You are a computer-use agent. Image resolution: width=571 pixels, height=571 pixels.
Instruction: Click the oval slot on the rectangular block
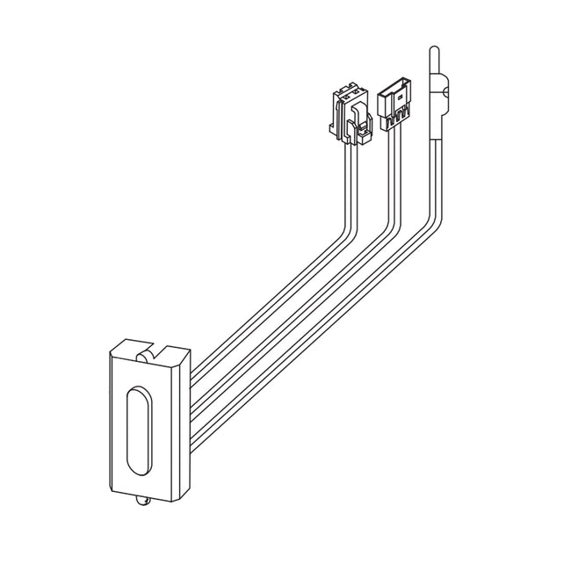[x=139, y=429]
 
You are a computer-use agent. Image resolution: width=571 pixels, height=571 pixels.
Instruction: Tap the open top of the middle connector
[x=393, y=83]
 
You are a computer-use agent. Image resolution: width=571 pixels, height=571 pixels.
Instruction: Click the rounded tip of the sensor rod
[x=435, y=48]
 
